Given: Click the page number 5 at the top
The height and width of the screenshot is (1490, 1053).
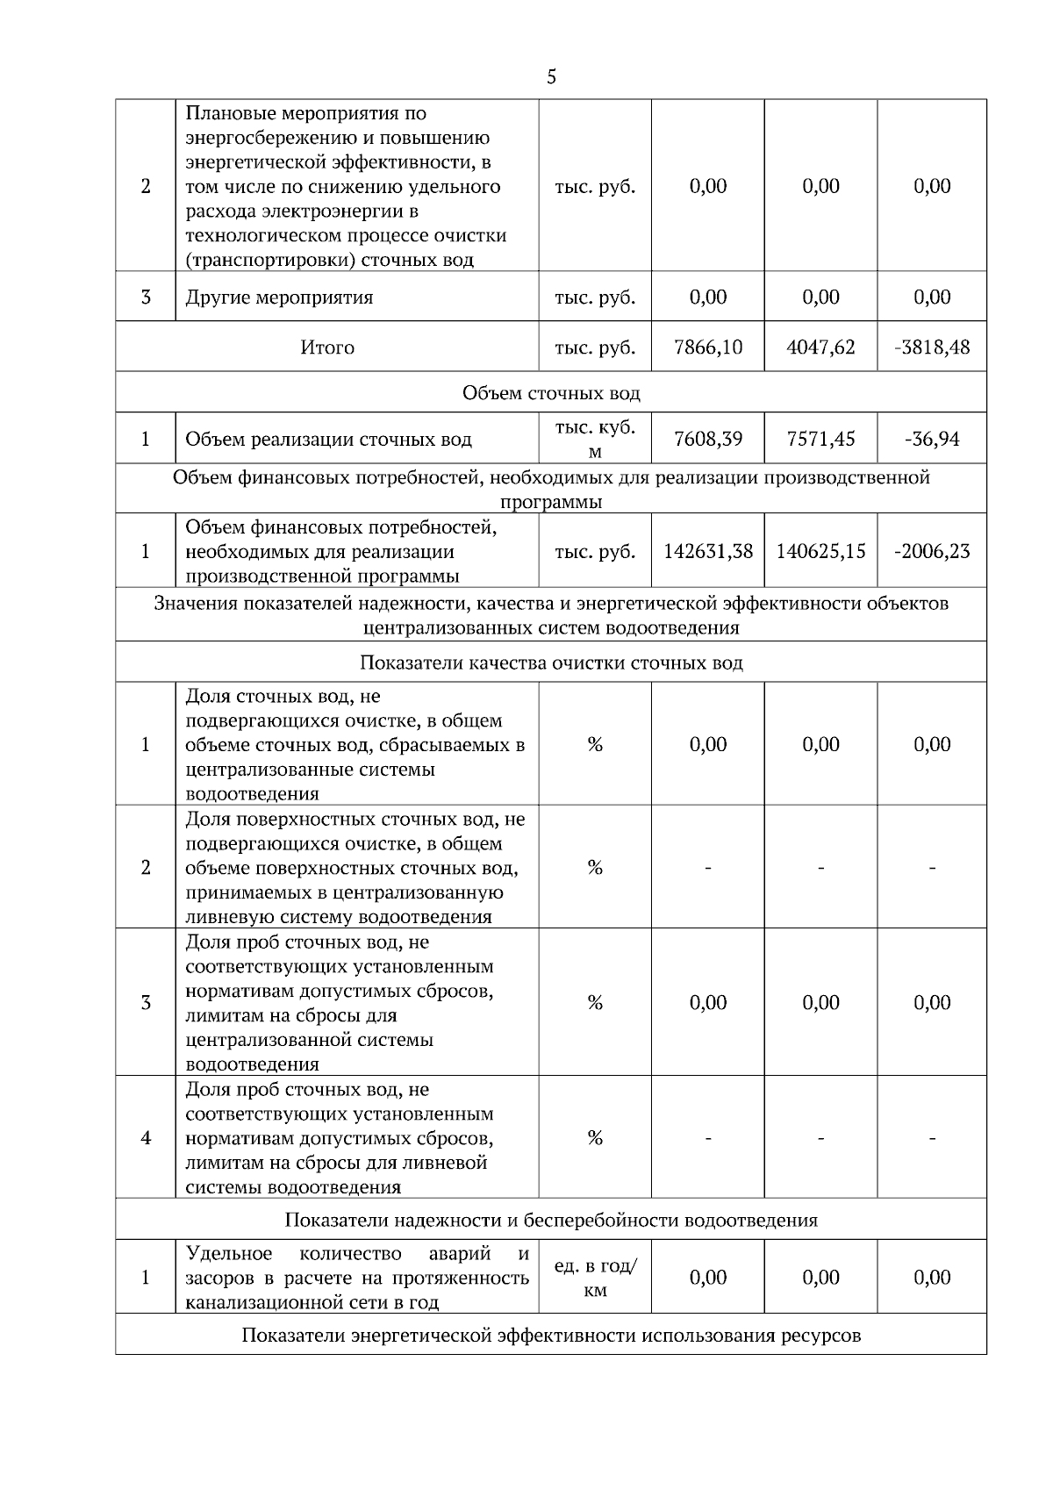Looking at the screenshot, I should pos(551,77).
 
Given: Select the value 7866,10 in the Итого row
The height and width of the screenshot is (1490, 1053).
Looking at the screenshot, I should pos(707,347).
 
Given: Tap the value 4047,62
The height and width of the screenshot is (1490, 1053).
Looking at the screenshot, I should pos(820,347).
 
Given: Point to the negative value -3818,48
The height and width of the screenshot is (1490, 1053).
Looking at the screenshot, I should pos(932,347).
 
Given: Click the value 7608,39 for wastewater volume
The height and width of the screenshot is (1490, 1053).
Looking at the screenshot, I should pos(707,439).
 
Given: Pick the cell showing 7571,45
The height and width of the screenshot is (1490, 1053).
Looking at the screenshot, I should pos(820,439).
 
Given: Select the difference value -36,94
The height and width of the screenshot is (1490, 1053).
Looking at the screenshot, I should pos(932,439).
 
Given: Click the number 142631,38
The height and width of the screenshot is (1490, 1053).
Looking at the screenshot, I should pos(707,551).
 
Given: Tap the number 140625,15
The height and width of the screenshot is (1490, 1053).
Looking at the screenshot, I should pos(820,551).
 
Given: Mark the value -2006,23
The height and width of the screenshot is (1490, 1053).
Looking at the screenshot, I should pos(932,551).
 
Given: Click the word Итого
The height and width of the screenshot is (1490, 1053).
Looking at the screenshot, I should pos(327,347).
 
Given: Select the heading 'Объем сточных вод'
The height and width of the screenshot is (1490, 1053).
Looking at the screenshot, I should pos(551,393).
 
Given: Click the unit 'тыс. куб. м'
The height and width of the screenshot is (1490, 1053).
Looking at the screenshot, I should pos(595,439).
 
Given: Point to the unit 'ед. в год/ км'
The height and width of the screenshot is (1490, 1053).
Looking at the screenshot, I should pos(595,1278).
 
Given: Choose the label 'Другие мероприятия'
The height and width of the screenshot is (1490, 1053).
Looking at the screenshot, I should pos(279,297).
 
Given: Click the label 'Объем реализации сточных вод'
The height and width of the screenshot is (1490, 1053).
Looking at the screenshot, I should pos(328,440).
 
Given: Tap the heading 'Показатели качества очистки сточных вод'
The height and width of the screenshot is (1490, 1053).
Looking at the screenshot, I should pos(551,663).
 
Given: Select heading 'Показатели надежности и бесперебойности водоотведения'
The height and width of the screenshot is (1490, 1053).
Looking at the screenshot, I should pos(551,1221).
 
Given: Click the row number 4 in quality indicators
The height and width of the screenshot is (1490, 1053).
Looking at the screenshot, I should pos(146,1138).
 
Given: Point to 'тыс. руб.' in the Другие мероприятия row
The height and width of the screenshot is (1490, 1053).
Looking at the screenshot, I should pos(595,297).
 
